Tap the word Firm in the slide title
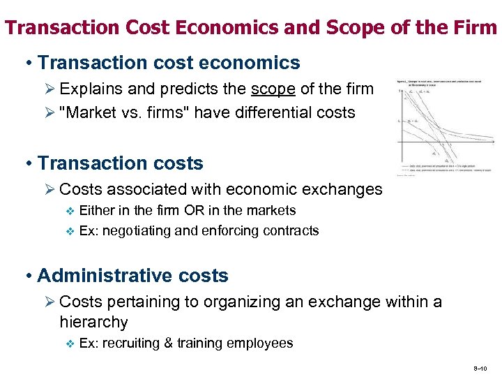click(x=478, y=28)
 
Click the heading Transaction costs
click(x=120, y=163)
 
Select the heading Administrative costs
click(x=132, y=276)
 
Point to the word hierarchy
click(x=93, y=322)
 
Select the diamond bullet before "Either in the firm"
click(x=68, y=211)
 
